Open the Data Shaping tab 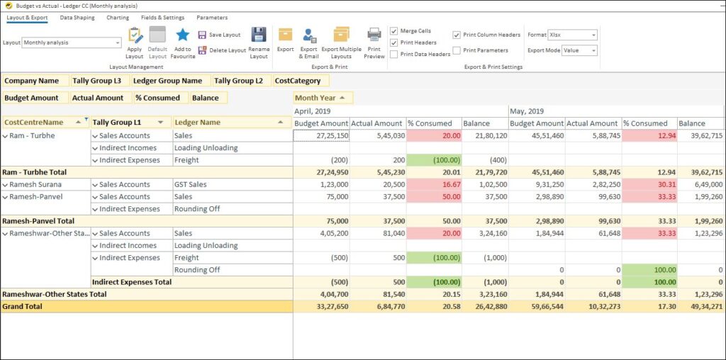(x=77, y=18)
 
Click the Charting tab (x=118, y=18)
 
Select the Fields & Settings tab (x=162, y=18)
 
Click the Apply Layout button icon (x=135, y=35)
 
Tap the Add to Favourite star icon (x=183, y=35)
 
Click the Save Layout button (x=220, y=35)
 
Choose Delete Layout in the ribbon (x=222, y=50)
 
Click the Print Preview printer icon (x=374, y=35)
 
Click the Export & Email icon (x=309, y=35)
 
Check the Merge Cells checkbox (x=394, y=31)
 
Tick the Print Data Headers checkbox (x=394, y=54)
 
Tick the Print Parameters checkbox (x=457, y=50)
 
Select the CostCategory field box (x=298, y=81)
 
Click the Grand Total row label (x=23, y=307)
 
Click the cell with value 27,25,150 (x=321, y=135)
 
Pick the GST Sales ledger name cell (x=191, y=184)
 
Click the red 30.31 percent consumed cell (x=649, y=184)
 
